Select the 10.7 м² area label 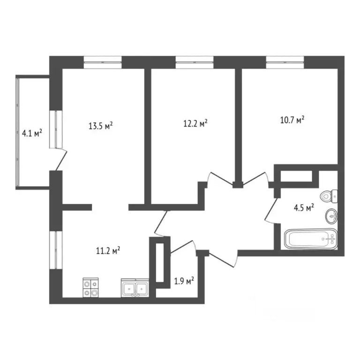(292, 120)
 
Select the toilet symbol (328, 195)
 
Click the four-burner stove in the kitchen (90, 288)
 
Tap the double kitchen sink (135, 288)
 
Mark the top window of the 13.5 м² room (103, 60)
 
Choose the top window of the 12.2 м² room (194, 60)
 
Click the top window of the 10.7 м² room (285, 60)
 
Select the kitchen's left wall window (56, 250)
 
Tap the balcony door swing (61, 158)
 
